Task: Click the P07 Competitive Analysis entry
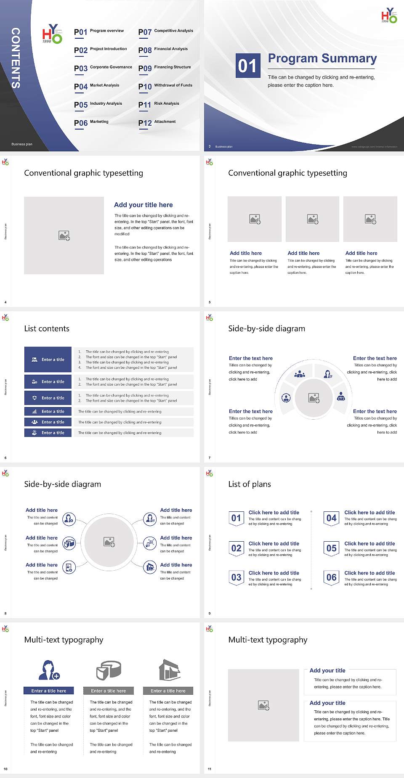tap(165, 32)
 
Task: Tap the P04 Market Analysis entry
tap(96, 86)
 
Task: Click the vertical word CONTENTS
tap(16, 58)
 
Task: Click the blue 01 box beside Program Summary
tap(247, 66)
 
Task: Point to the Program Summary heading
tap(322, 58)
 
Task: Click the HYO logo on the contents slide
tap(52, 34)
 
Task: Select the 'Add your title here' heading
tap(143, 205)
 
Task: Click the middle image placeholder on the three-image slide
tap(312, 219)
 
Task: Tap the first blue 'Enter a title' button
tap(48, 360)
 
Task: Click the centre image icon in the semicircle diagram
tap(314, 398)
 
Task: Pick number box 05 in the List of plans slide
tap(332, 548)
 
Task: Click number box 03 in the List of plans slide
tap(236, 578)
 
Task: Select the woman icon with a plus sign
tap(49, 670)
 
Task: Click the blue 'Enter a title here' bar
tap(48, 691)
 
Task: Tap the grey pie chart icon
tap(109, 670)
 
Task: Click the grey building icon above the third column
tap(170, 670)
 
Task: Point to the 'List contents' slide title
tap(47, 328)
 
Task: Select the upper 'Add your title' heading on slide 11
tap(327, 670)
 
